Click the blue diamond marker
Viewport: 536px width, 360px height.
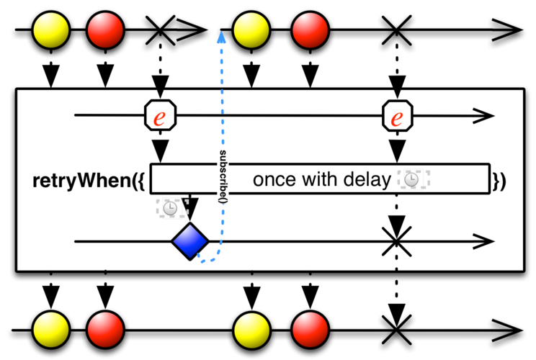tap(190, 241)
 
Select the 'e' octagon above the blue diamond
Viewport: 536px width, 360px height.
tap(160, 116)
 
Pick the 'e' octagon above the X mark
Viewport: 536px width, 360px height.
tap(397, 116)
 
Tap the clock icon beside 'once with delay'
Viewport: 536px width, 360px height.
tap(412, 181)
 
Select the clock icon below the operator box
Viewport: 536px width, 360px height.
tap(169, 208)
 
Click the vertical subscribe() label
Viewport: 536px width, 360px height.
tap(222, 176)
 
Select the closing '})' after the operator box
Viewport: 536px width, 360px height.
tap(499, 180)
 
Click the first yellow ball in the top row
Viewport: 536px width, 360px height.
tap(51, 30)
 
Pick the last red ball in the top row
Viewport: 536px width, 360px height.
tap(311, 30)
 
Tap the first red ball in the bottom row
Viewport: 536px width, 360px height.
tap(105, 328)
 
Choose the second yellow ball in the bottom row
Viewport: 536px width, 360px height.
tap(252, 328)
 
